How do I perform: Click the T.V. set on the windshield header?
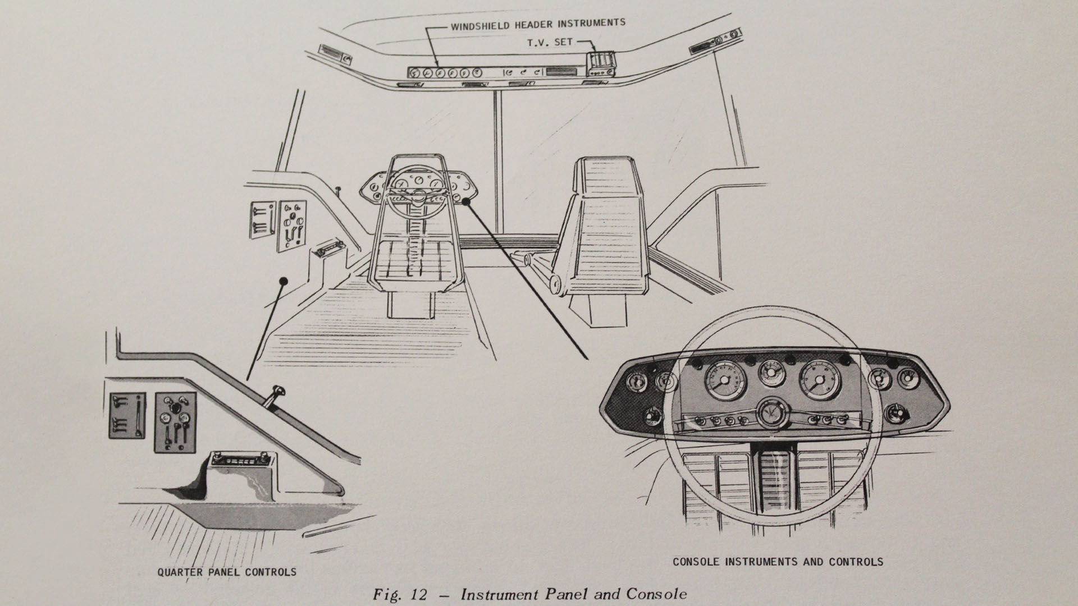(x=601, y=64)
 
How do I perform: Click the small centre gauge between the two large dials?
(x=771, y=371)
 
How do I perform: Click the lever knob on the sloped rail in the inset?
(x=277, y=388)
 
